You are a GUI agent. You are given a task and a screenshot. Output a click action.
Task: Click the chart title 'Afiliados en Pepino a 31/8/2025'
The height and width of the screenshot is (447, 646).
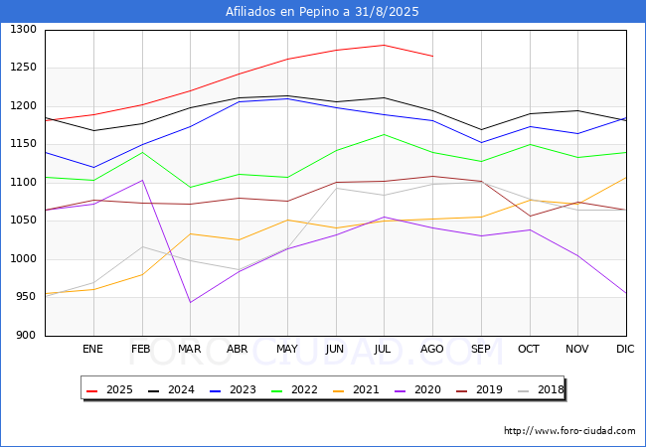[322, 12]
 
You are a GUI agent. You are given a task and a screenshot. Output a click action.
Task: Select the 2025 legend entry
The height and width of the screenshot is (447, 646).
[109, 389]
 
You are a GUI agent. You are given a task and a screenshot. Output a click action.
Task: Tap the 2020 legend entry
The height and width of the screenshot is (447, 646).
[417, 389]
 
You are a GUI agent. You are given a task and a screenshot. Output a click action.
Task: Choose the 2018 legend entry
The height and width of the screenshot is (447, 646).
[541, 389]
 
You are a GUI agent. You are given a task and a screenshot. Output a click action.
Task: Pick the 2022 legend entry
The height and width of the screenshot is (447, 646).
[294, 389]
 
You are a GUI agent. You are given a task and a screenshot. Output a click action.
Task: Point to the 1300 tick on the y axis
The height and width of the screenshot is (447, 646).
[23, 29]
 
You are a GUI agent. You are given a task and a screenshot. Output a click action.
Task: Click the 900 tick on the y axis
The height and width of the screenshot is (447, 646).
[26, 336]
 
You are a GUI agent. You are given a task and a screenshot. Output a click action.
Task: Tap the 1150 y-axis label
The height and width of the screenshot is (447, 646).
[23, 144]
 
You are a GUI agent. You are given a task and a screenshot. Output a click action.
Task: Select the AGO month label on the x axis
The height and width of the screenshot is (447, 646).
[431, 349]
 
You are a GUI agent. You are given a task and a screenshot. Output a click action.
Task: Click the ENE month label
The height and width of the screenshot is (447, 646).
[92, 349]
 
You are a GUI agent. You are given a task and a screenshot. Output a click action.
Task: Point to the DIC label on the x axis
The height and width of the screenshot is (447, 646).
[625, 349]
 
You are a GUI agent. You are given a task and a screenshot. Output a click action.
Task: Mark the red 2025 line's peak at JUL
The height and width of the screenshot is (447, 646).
[384, 45]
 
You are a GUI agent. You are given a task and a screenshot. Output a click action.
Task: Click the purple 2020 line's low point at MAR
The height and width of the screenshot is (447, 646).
[191, 303]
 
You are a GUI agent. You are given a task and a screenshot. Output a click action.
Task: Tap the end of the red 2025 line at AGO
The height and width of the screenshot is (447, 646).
[432, 56]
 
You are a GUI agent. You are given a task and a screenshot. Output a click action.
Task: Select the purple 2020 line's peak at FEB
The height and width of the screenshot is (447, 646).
[142, 180]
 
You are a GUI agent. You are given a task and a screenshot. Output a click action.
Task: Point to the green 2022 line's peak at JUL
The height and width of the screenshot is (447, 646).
[384, 134]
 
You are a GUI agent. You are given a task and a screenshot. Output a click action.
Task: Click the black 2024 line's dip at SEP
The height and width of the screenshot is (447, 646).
[481, 130]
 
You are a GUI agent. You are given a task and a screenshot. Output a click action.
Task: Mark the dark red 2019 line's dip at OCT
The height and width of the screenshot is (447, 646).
[530, 217]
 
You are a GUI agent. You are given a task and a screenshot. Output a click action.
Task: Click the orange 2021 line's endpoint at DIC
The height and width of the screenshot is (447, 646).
[626, 178]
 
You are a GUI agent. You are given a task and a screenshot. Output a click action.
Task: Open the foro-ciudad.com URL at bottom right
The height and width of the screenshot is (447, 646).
[569, 431]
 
